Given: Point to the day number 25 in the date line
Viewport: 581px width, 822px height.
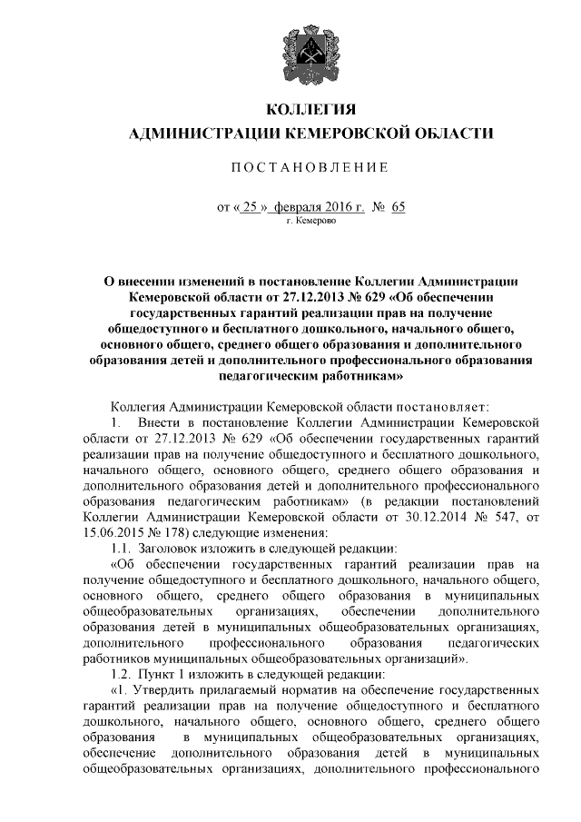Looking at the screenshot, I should tap(251, 206).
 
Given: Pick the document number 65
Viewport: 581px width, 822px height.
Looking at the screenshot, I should tap(399, 206).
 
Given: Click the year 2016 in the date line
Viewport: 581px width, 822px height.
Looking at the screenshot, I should tap(341, 206).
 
